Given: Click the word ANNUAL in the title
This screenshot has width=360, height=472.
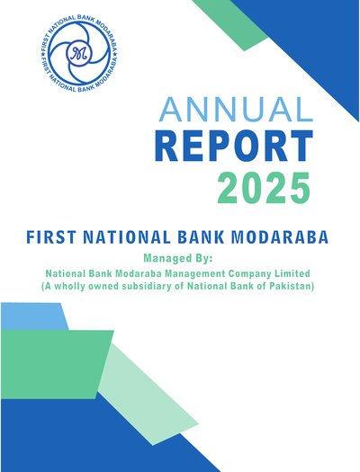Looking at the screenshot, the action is point(236,109).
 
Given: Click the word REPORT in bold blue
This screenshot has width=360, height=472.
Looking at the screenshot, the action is point(234,146).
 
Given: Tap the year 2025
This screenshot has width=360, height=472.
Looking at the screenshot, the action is point(264,188).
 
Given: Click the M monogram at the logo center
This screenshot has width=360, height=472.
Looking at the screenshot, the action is point(78,54).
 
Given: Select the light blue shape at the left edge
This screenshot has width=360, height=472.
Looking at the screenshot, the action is point(33,316).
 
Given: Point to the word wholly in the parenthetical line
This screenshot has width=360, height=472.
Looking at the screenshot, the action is point(70,286).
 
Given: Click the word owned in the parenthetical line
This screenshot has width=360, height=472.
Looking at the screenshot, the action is point(103,287).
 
